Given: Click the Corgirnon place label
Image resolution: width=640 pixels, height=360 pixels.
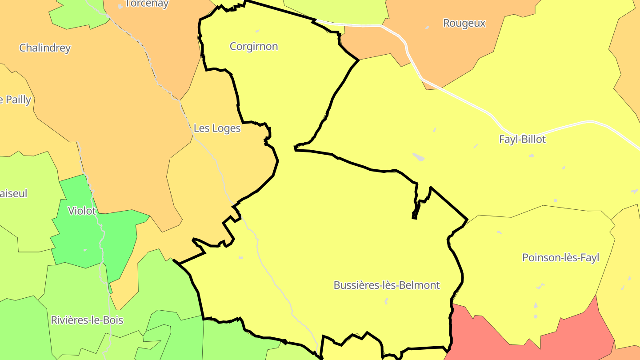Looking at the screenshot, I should (254, 46).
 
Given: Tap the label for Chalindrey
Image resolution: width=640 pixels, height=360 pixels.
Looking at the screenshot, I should (45, 48).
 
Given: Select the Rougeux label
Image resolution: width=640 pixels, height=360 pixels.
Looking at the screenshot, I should (464, 23).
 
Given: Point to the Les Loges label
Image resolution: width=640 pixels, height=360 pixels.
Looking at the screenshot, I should (217, 128).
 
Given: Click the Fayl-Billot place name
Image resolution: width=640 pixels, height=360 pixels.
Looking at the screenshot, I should (522, 139).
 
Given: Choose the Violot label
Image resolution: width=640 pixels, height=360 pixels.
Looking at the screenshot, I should (82, 211).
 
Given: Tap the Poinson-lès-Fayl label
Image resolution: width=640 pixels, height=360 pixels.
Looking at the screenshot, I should (560, 258).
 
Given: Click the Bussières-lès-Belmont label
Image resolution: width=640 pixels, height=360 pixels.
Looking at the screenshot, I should (387, 285).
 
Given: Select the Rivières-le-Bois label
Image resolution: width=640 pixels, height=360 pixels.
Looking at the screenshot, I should (87, 320).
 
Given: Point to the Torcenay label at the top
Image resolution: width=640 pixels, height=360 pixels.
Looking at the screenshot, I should (147, 4).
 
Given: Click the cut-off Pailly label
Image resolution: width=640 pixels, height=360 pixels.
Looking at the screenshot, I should (16, 100).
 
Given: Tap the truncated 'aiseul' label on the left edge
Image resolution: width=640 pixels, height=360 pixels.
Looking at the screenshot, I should (14, 193).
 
